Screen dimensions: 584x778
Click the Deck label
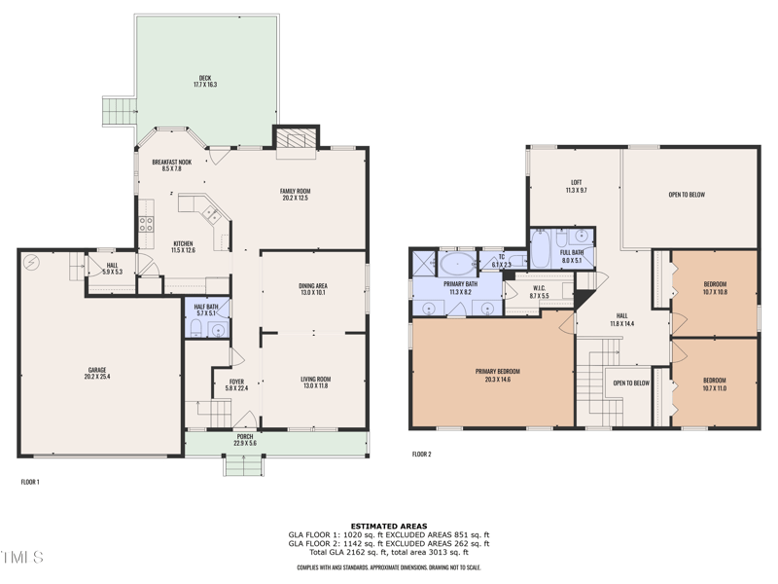tap(205, 79)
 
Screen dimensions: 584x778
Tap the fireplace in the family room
tap(296, 141)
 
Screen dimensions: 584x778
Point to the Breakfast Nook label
tap(171, 162)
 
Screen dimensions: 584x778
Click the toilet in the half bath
tap(195, 329)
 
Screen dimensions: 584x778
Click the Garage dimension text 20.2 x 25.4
tap(97, 377)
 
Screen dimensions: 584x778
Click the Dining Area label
tap(313, 285)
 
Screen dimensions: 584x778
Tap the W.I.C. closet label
tap(540, 288)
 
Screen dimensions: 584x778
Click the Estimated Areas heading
tap(388, 527)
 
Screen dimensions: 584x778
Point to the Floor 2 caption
tap(421, 455)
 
